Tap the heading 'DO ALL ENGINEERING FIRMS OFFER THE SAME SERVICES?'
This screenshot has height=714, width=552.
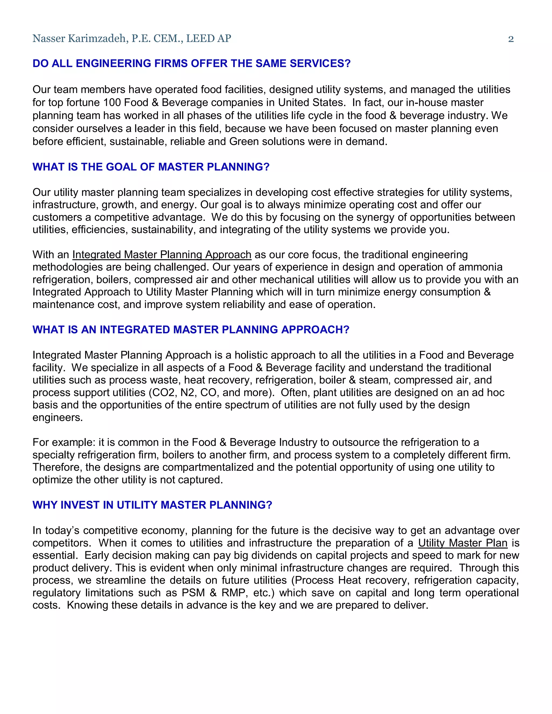coord(192,63)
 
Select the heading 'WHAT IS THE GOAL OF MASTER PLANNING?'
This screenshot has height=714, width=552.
coord(151,167)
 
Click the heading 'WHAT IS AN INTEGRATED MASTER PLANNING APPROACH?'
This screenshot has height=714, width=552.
coord(191,330)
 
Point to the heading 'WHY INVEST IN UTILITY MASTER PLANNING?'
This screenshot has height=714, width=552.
coord(152,505)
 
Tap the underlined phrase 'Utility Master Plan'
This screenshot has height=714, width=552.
coord(463,543)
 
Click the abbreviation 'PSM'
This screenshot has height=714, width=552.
coord(193,593)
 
